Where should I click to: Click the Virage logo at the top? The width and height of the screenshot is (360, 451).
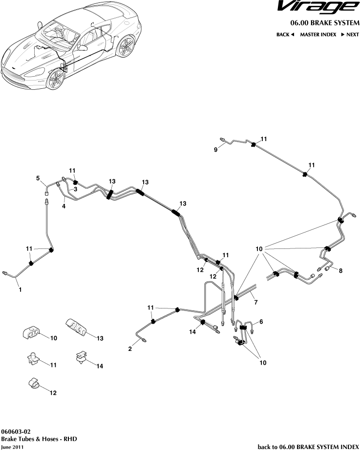(317, 7)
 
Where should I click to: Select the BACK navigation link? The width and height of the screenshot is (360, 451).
(285, 35)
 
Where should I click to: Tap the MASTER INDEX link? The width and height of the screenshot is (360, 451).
(318, 35)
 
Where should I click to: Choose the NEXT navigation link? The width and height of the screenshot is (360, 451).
(350, 35)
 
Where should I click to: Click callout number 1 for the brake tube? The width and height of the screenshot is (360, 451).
(20, 290)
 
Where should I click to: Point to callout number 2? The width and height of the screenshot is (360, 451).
(130, 349)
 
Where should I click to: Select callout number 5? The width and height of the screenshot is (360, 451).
(38, 179)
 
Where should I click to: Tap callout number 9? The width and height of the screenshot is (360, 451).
(215, 150)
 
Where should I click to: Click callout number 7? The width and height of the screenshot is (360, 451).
(255, 303)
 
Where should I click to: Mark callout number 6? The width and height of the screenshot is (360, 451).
(261, 322)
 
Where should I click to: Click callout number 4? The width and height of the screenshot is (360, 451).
(63, 206)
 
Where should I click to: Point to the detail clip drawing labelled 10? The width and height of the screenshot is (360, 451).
(32, 334)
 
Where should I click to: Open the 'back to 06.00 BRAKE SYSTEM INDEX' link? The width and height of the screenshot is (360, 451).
(308, 446)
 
